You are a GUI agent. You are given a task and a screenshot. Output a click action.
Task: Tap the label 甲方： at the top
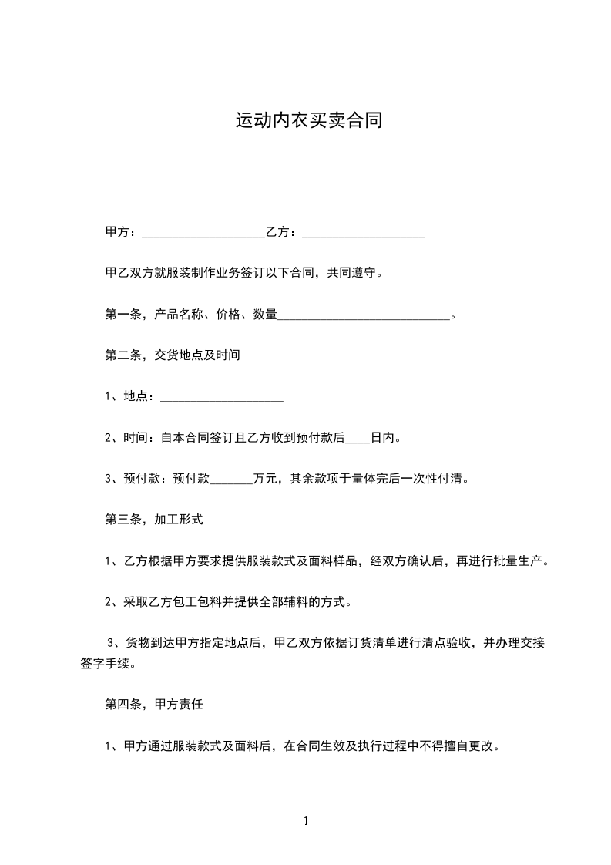coord(121,232)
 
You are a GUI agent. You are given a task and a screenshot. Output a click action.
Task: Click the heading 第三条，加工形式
coord(154,520)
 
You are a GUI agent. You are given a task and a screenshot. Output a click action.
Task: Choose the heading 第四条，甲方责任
coord(154,705)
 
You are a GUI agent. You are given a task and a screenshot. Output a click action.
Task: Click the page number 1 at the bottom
coord(306,821)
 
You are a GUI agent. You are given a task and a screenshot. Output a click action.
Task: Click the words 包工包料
coord(197,602)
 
